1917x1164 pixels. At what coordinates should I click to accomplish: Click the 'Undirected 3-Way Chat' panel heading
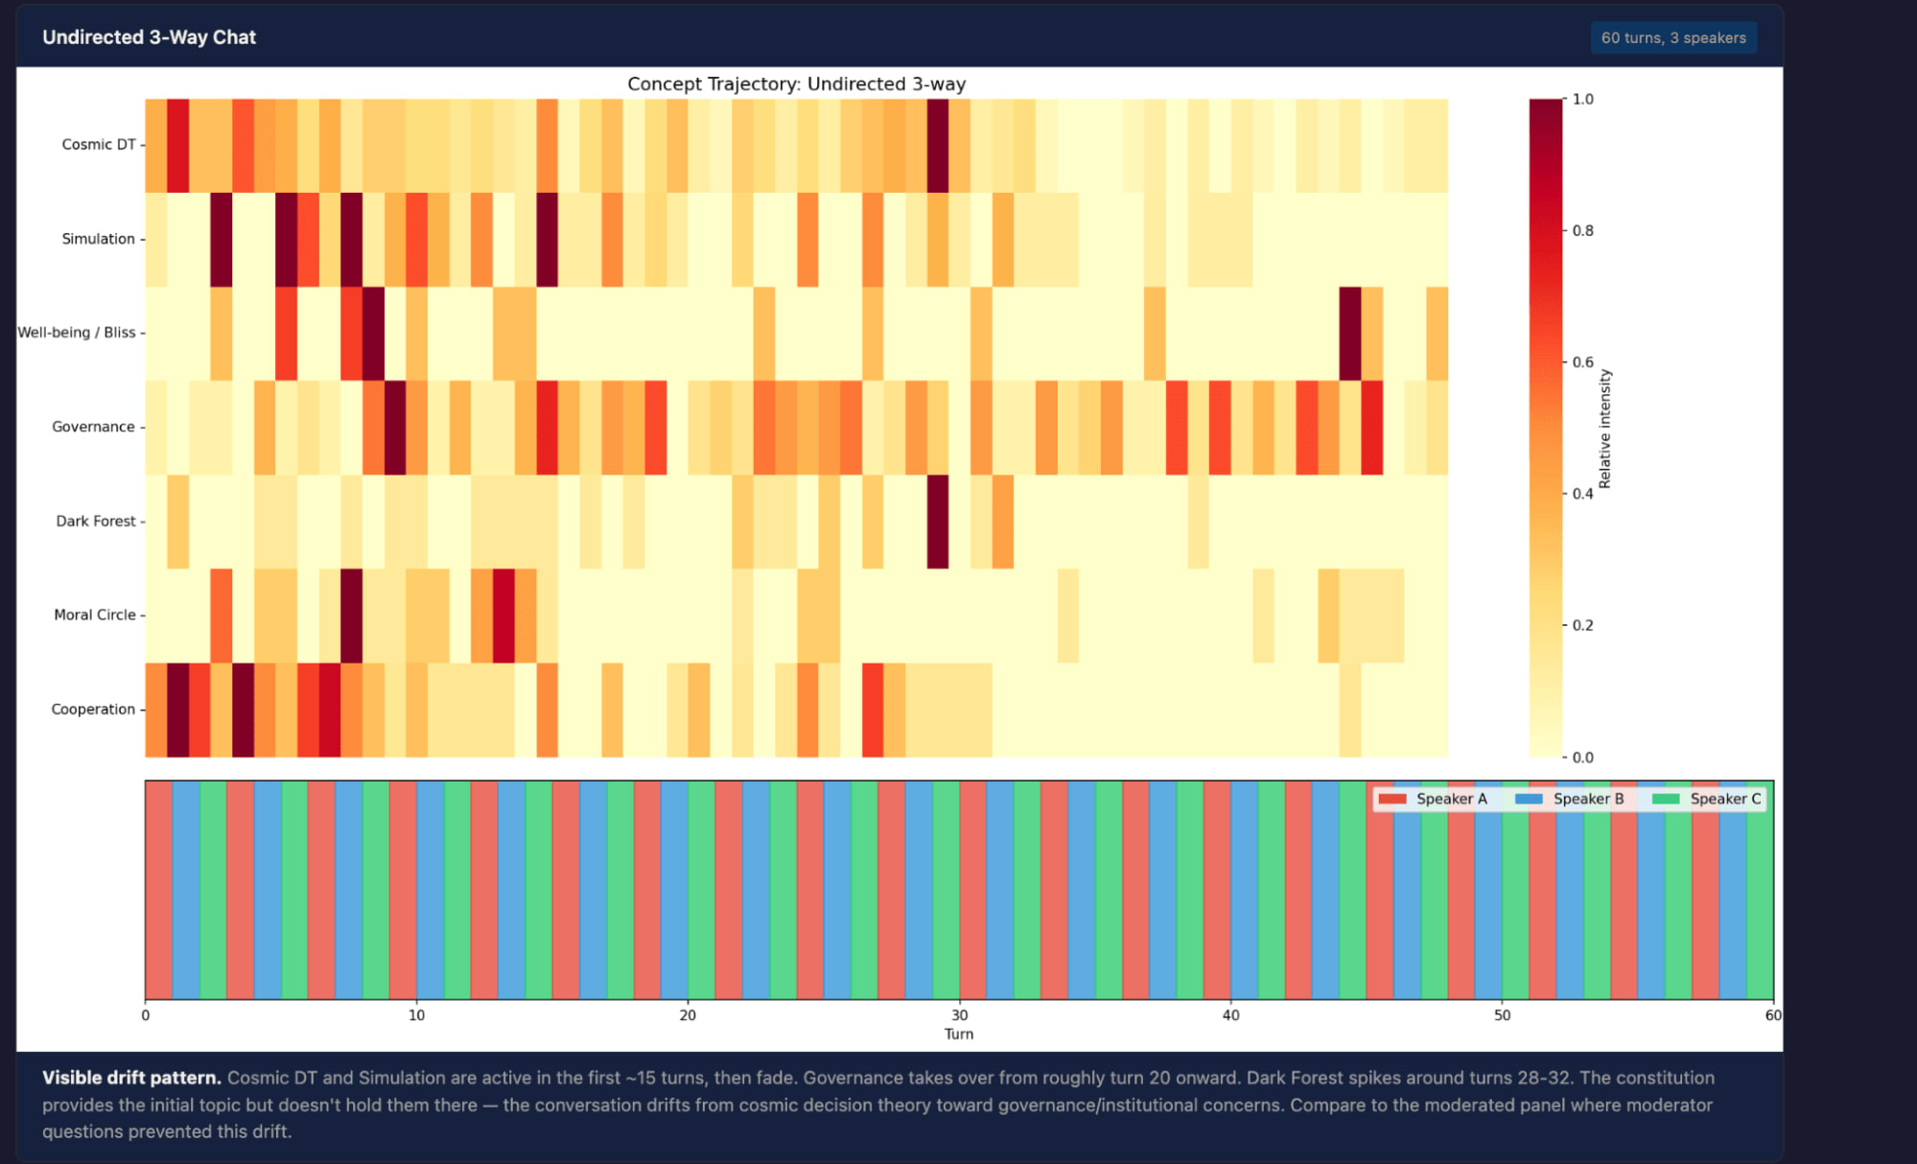click(149, 37)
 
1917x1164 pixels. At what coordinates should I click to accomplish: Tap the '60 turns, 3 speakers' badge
click(1672, 38)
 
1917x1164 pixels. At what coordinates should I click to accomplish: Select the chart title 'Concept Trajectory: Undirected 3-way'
click(796, 84)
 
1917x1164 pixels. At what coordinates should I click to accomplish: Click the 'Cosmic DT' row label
click(99, 145)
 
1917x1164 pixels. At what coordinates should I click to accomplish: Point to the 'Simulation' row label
click(98, 239)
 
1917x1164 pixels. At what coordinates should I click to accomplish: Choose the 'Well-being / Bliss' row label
click(77, 333)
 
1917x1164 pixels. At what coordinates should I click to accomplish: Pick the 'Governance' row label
click(93, 427)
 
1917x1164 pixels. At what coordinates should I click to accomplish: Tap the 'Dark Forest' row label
click(96, 521)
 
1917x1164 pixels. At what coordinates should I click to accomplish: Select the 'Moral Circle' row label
click(95, 615)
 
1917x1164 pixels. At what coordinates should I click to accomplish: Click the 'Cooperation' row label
click(93, 710)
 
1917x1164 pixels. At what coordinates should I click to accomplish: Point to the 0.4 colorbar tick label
click(1582, 494)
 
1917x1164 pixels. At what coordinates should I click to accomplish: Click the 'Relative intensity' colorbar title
click(1604, 429)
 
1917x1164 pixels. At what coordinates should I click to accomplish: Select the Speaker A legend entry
click(1434, 799)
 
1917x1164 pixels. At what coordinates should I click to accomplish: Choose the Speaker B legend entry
click(1571, 799)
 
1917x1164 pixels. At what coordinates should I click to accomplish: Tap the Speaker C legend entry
click(1708, 799)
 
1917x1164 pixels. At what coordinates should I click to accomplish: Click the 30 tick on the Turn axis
click(959, 1015)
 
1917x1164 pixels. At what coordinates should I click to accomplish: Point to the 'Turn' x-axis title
click(959, 1035)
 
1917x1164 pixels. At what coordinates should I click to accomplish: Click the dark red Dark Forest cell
click(938, 522)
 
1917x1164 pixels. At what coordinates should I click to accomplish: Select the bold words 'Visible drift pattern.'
click(131, 1078)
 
